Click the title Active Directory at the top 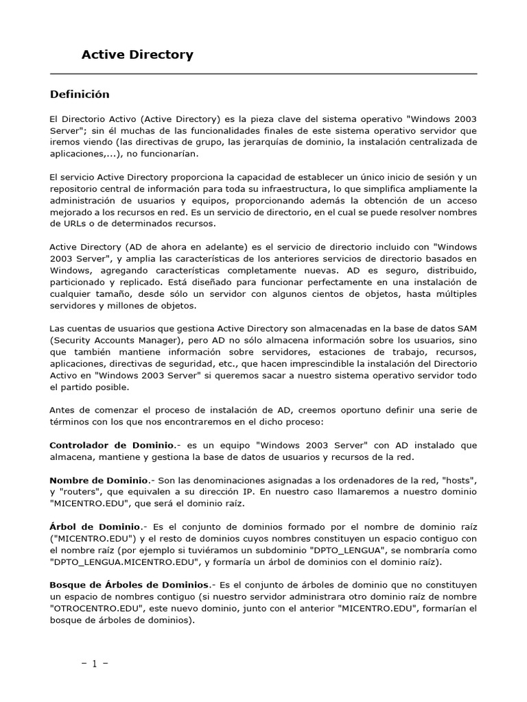[137, 55]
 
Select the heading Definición [80, 94]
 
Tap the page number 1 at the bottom [95, 664]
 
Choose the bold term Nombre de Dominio [99, 481]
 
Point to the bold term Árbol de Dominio [95, 526]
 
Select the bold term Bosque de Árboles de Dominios [129, 585]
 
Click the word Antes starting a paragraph [63, 410]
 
